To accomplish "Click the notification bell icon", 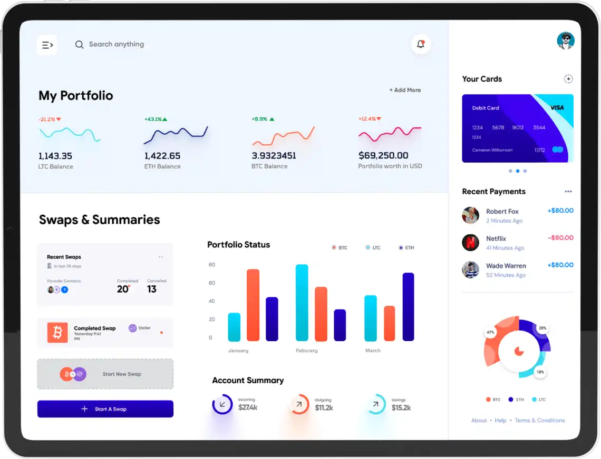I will click(421, 45).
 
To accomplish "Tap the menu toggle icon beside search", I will click(47, 45).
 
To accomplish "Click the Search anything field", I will click(116, 45).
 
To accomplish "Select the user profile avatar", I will click(566, 41).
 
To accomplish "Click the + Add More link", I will click(405, 90).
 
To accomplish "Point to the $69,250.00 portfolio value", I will click(383, 156).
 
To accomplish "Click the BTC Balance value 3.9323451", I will click(274, 156).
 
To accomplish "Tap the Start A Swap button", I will click(105, 409).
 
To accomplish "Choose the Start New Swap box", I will click(105, 374).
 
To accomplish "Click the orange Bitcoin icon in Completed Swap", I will click(57, 333).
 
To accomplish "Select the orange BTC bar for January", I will click(253, 305).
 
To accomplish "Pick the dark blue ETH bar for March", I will click(408, 307).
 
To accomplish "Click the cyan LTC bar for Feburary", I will click(302, 303).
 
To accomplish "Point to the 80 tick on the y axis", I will click(212, 265).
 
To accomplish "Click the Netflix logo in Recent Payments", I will click(470, 243).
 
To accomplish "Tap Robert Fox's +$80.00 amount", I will click(560, 211).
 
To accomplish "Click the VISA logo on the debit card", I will click(557, 108).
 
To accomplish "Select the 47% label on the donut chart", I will click(490, 333).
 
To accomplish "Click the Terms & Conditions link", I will click(540, 421).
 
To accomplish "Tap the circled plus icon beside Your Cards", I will click(568, 79).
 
